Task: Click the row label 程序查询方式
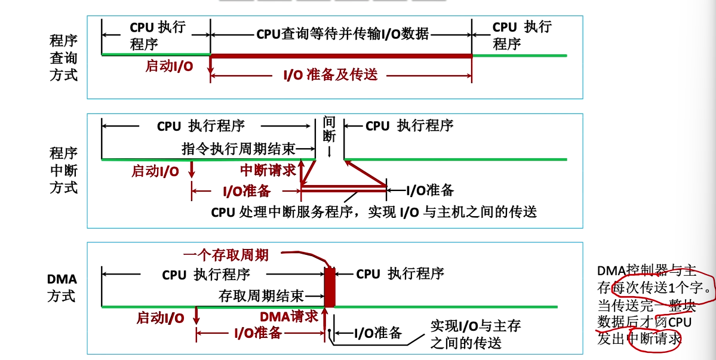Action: (63, 58)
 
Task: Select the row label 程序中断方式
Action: (63, 170)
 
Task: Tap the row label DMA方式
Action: (63, 287)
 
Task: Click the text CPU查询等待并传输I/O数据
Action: (342, 34)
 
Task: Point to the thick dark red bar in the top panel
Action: (341, 56)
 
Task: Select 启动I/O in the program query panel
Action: (169, 66)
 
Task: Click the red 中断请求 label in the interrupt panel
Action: (268, 171)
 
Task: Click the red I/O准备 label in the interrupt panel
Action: (246, 191)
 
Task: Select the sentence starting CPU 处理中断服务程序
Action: (374, 212)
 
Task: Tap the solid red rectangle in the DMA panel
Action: (329, 287)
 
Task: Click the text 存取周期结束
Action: (262, 296)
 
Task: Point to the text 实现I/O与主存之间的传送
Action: (475, 334)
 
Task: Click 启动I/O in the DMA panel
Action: (160, 318)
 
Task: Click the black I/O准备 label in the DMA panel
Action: (378, 333)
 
